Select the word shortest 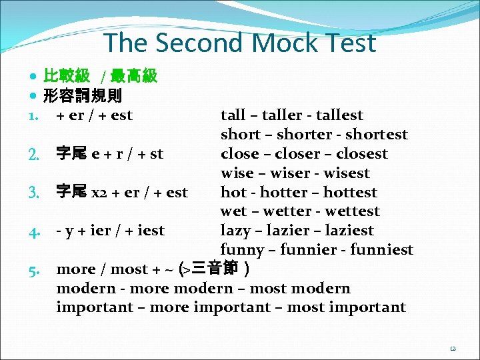click(x=377, y=135)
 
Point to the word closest click(x=362, y=154)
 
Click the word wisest click(x=344, y=173)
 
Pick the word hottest click(x=351, y=193)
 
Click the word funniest click(x=382, y=250)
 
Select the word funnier click(x=315, y=250)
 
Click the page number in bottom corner click(x=453, y=348)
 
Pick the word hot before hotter click(x=233, y=193)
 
